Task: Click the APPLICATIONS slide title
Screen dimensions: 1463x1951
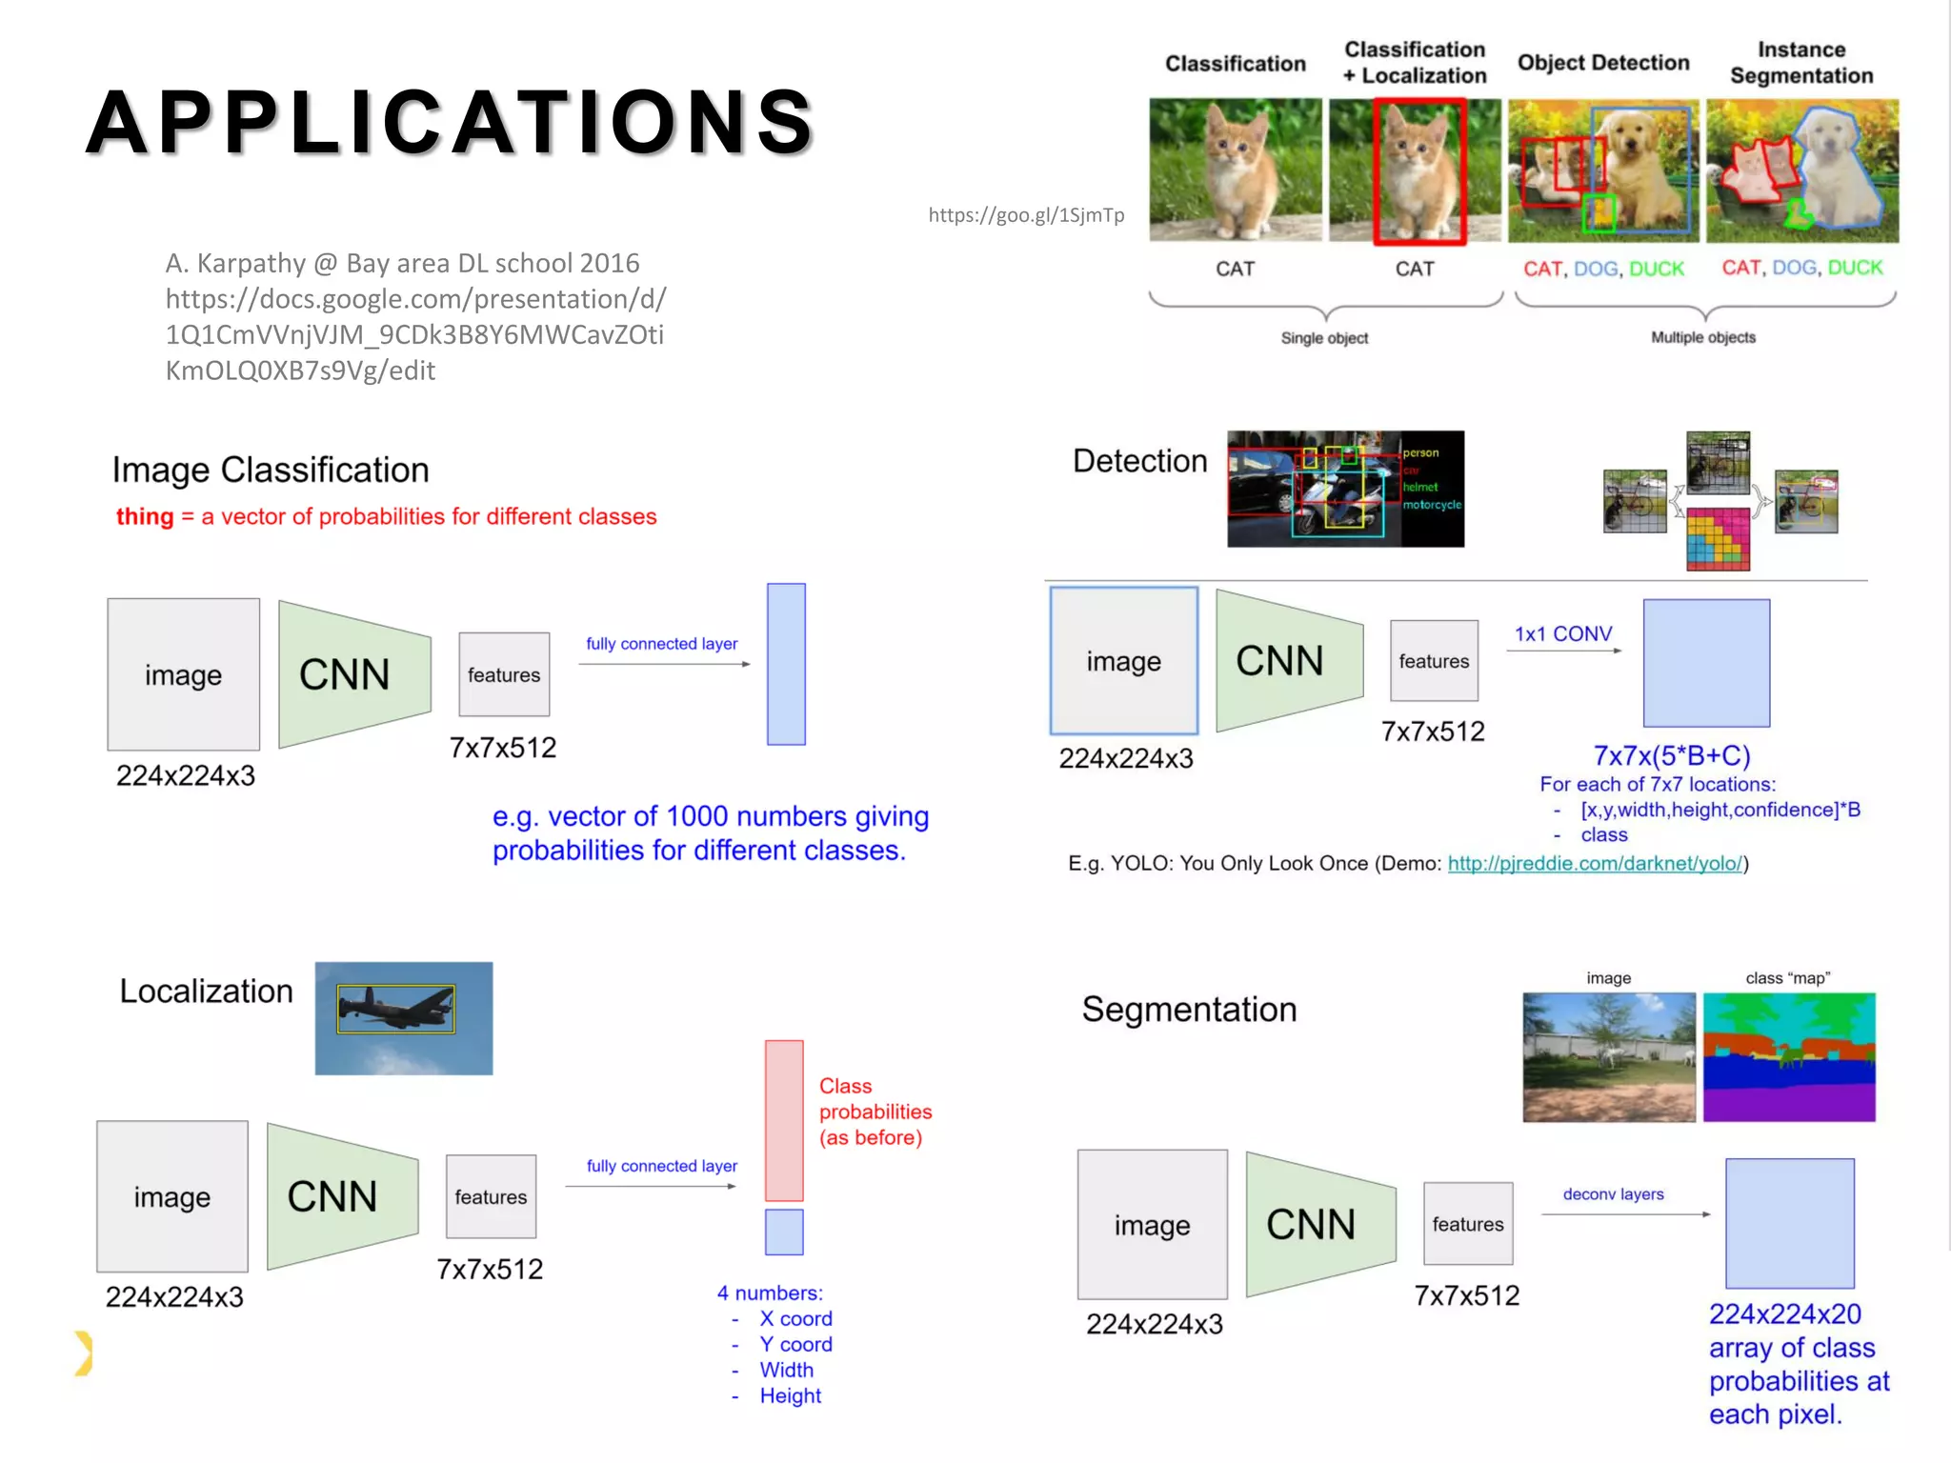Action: click(450, 123)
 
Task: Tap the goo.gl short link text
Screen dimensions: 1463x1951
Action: click(1026, 215)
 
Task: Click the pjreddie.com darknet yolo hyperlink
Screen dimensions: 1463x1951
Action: click(1595, 864)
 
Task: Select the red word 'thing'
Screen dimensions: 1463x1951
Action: click(145, 516)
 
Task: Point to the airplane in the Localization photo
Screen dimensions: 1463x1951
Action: click(395, 1009)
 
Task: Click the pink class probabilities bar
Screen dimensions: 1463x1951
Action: click(784, 1120)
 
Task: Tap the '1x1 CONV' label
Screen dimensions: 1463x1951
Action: click(1563, 634)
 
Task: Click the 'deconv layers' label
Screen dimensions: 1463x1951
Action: click(1613, 1194)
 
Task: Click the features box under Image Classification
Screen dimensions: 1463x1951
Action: click(504, 674)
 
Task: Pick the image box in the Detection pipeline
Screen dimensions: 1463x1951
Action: click(1124, 661)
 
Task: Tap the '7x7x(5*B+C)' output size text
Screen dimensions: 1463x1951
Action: click(1672, 755)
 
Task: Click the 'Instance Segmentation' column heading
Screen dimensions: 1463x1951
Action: click(1800, 63)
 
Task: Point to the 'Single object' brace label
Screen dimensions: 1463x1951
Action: click(1324, 338)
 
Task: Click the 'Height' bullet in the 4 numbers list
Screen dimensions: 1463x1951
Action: click(790, 1396)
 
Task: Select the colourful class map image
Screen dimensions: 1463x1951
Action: click(1789, 1057)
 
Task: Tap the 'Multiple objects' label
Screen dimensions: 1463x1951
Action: click(1702, 337)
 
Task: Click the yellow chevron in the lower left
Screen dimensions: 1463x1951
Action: click(84, 1353)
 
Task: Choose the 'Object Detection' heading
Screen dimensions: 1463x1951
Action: click(1603, 63)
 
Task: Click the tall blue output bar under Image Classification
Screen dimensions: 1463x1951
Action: click(786, 664)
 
